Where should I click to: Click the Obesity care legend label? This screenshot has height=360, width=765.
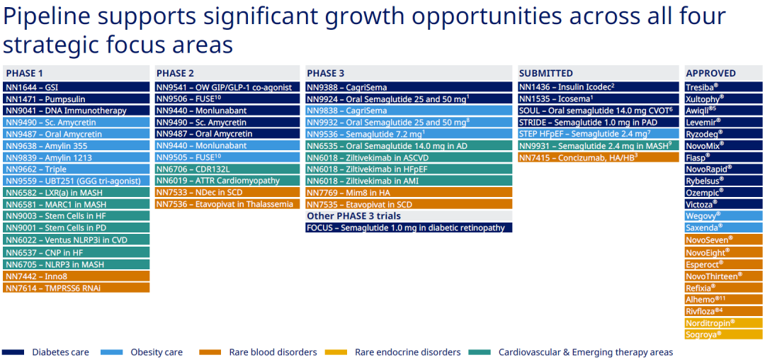(x=157, y=352)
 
